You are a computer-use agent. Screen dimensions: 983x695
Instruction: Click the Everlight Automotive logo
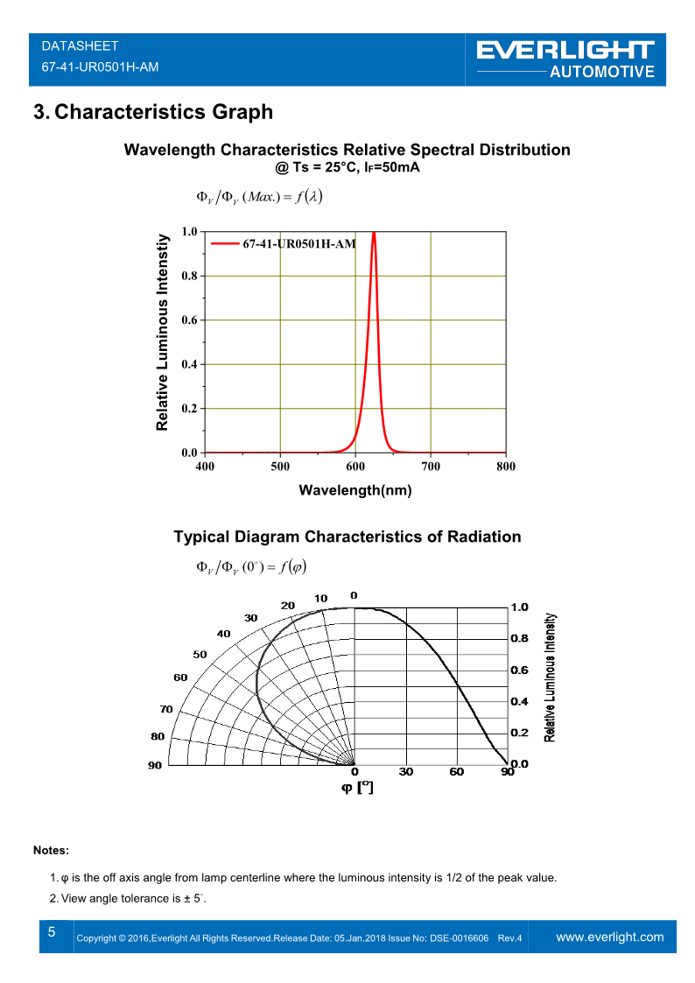[x=565, y=60]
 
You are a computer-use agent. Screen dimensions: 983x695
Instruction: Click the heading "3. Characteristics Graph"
[x=152, y=112]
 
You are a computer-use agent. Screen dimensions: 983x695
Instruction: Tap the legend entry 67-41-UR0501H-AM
[x=298, y=243]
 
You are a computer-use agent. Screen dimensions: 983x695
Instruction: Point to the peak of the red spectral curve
[x=374, y=233]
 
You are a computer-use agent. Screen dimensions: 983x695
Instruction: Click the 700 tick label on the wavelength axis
[x=431, y=467]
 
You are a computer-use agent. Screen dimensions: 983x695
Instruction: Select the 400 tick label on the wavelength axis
[x=204, y=467]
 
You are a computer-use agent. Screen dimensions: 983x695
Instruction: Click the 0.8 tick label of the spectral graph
[x=189, y=276]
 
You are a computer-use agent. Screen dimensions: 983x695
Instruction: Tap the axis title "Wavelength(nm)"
[x=355, y=490]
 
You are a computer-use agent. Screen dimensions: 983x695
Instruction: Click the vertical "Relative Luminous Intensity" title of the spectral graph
[x=162, y=333]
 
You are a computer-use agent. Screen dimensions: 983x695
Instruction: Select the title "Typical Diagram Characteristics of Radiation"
[x=347, y=537]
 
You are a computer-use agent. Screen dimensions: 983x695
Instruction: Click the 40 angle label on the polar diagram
[x=224, y=633]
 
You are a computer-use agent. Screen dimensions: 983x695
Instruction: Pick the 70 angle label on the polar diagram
[x=166, y=709]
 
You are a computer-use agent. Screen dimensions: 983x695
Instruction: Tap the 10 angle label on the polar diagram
[x=321, y=599]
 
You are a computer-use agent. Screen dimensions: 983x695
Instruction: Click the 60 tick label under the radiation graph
[x=457, y=772]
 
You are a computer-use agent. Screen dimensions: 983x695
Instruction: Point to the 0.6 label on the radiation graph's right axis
[x=520, y=670]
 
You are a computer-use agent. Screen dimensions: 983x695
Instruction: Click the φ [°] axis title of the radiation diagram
[x=357, y=788]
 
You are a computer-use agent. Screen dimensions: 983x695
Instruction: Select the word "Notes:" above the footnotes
[x=51, y=850]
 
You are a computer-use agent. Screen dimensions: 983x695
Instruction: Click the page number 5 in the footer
[x=52, y=932]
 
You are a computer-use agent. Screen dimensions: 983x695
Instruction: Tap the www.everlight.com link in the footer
[x=610, y=937]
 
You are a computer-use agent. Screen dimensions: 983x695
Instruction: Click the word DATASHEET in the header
[x=80, y=46]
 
